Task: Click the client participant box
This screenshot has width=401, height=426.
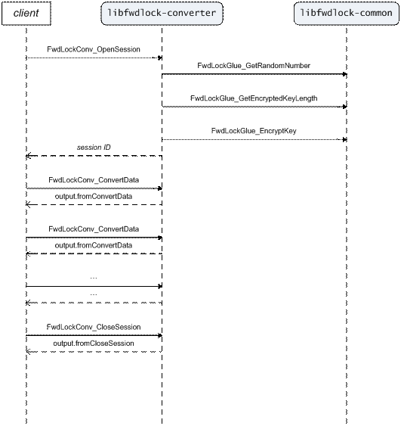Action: pos(26,14)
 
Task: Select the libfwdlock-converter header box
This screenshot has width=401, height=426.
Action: pos(162,14)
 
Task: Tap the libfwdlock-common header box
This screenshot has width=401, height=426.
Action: pos(346,14)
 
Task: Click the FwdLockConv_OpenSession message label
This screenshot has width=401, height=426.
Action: pos(94,49)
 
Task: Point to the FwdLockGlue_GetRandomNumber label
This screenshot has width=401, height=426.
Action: pos(254,66)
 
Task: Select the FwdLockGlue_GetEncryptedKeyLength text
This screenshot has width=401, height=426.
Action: pos(254,98)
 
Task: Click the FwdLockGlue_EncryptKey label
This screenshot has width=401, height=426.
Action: pos(254,131)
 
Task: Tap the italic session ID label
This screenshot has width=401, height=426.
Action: pos(94,148)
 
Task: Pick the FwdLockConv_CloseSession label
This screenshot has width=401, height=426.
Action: pos(94,327)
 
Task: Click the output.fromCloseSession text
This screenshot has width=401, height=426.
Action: pos(94,344)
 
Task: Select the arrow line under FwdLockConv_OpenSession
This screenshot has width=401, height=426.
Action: pos(94,58)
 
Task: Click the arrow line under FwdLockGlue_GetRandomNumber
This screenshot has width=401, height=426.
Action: pos(254,74)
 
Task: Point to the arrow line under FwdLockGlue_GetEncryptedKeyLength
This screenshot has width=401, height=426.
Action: pos(254,107)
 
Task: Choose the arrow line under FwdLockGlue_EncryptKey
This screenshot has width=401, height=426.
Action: pos(254,140)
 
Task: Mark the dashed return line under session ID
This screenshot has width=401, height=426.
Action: pos(94,156)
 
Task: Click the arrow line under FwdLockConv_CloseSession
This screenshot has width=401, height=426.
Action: pos(94,335)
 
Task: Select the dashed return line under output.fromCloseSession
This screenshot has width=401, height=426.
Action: pos(94,352)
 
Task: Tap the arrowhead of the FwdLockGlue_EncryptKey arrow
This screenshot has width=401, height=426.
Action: pos(344,140)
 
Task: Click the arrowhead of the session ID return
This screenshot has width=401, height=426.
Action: pos(29,156)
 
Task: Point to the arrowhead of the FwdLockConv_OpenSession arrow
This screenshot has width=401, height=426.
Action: pos(159,58)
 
